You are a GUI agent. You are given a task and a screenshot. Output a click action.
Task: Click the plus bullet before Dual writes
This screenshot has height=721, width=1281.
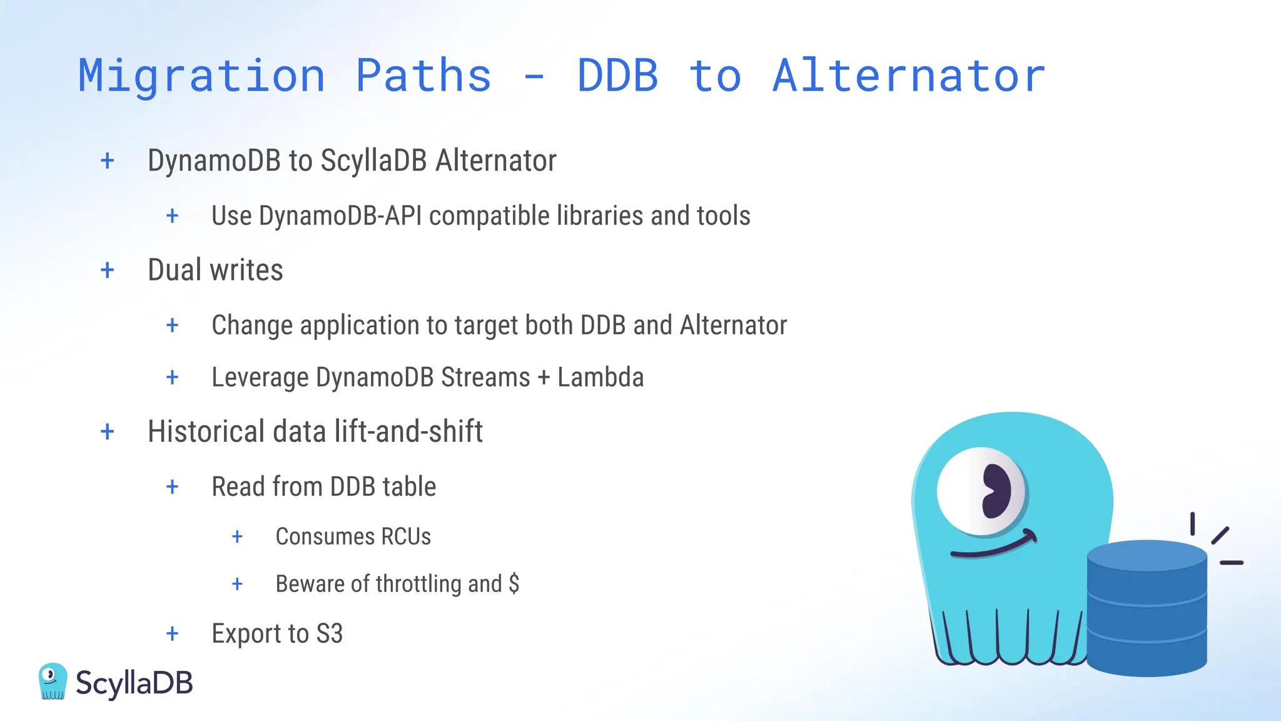point(108,270)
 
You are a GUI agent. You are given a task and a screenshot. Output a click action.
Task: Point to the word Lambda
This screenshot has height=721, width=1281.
point(600,377)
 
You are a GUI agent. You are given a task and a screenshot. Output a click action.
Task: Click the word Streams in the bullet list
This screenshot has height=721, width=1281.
point(485,377)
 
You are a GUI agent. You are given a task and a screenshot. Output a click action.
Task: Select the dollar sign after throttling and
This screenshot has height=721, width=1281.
point(514,583)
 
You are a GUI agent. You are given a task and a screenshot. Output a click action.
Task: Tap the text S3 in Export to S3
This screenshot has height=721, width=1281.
point(330,633)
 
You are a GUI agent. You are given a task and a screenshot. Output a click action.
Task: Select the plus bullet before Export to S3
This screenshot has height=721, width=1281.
point(173,633)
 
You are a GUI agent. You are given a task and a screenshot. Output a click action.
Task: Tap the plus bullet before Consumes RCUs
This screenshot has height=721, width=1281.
point(237,536)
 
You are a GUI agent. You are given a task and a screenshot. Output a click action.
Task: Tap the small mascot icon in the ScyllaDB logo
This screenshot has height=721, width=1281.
point(53,681)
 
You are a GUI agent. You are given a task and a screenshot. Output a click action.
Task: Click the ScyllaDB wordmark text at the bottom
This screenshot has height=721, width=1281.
point(134,683)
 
